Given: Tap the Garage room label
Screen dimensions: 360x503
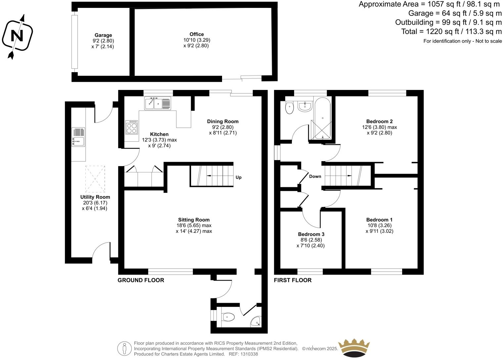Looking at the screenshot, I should click(x=103, y=35).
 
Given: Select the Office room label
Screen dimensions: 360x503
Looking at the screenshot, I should click(x=197, y=34).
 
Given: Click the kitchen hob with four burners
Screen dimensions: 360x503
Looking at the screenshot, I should click(x=131, y=127).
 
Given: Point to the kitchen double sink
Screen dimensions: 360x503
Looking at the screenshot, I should click(x=158, y=104).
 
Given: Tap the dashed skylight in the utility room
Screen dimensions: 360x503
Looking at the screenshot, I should click(x=95, y=179).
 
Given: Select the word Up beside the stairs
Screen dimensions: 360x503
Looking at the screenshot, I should click(x=239, y=177).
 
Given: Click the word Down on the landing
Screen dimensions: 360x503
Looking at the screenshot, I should click(x=315, y=176).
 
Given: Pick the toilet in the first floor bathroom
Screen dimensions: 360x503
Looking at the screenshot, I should click(x=289, y=108).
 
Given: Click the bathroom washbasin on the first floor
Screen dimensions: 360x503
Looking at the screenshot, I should click(x=304, y=106).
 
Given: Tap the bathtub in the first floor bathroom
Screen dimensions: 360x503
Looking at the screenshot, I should click(x=322, y=119).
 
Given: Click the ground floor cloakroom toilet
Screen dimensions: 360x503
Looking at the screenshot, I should click(x=228, y=317).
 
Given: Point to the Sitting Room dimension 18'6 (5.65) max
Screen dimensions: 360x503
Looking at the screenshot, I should click(x=194, y=225).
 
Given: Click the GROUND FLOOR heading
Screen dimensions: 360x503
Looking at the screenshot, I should click(x=141, y=280).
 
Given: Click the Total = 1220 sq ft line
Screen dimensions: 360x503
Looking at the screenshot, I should click(x=451, y=31).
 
